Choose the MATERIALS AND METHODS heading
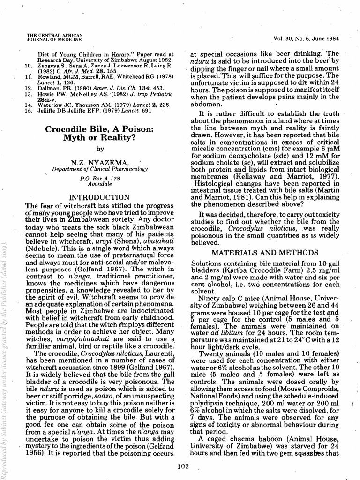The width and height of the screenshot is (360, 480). pyautogui.click(x=265, y=253)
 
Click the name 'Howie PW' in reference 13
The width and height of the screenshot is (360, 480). pyautogui.click(x=49, y=94)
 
